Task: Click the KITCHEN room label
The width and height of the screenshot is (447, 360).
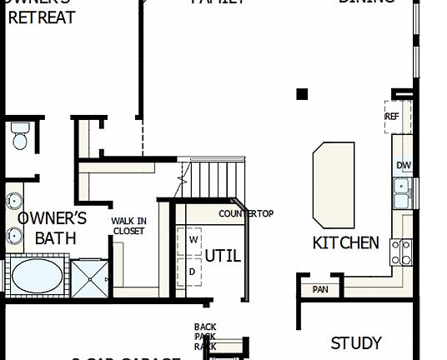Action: tap(345, 243)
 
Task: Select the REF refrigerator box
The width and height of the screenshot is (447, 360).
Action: tap(393, 117)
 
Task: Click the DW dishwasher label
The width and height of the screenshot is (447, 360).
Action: tap(404, 165)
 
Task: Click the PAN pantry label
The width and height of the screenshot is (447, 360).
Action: tap(320, 290)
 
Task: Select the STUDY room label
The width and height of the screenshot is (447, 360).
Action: tap(356, 342)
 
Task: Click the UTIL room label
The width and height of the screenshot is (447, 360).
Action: tap(223, 256)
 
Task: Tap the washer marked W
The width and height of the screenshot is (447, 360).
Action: tap(191, 239)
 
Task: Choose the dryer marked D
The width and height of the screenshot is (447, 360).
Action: tap(191, 272)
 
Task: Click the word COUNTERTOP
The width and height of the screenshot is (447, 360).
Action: tap(246, 214)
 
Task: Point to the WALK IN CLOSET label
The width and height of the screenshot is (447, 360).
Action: tap(128, 226)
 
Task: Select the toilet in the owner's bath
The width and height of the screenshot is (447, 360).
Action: tap(20, 135)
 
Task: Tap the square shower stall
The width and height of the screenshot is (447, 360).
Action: tap(90, 277)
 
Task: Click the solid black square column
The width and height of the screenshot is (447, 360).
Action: tap(302, 94)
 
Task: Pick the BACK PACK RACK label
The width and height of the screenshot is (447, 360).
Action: tap(205, 336)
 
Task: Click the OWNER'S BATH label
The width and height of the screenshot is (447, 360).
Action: tap(52, 227)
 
